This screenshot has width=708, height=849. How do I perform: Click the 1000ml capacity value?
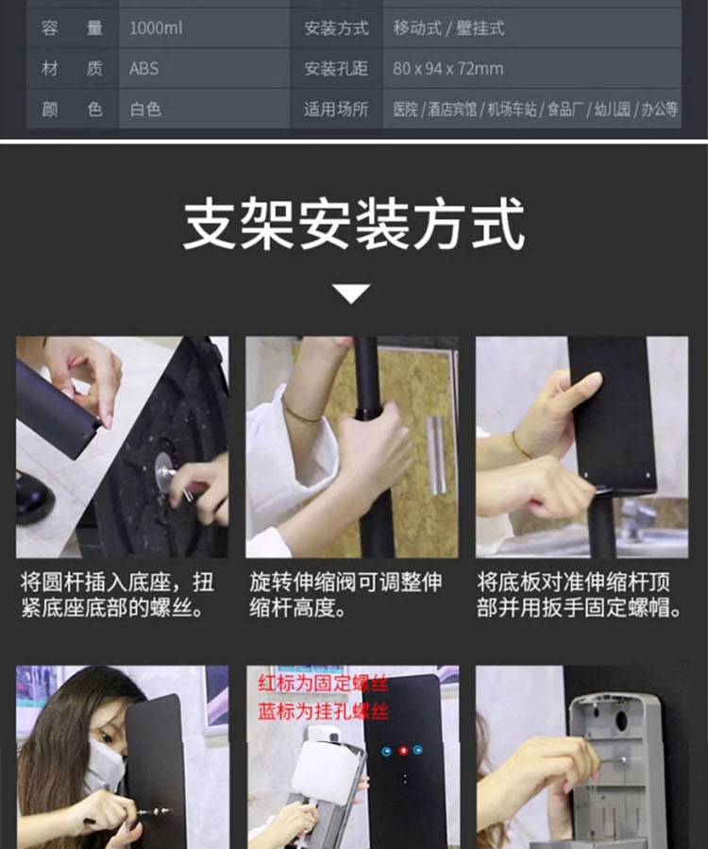click(x=157, y=28)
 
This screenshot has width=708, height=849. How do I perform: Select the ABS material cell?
click(x=144, y=69)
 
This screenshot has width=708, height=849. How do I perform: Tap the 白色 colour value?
click(x=146, y=110)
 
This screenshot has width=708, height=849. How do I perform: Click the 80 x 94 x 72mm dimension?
click(x=447, y=69)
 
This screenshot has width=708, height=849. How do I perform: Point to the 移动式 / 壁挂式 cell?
click(x=448, y=28)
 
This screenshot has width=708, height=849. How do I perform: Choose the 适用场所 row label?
click(x=335, y=110)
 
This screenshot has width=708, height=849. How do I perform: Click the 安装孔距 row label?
click(x=335, y=69)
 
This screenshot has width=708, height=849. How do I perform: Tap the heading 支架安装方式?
click(x=353, y=224)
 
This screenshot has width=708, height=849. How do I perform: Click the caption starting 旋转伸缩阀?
click(x=345, y=595)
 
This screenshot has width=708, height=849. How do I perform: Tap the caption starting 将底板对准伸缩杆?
click(x=579, y=595)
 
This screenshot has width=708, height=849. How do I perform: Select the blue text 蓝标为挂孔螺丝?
click(x=311, y=711)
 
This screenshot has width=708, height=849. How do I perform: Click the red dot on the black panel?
click(x=403, y=751)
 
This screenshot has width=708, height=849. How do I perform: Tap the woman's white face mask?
click(x=103, y=765)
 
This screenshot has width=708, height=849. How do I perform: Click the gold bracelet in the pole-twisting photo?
click(x=301, y=414)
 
